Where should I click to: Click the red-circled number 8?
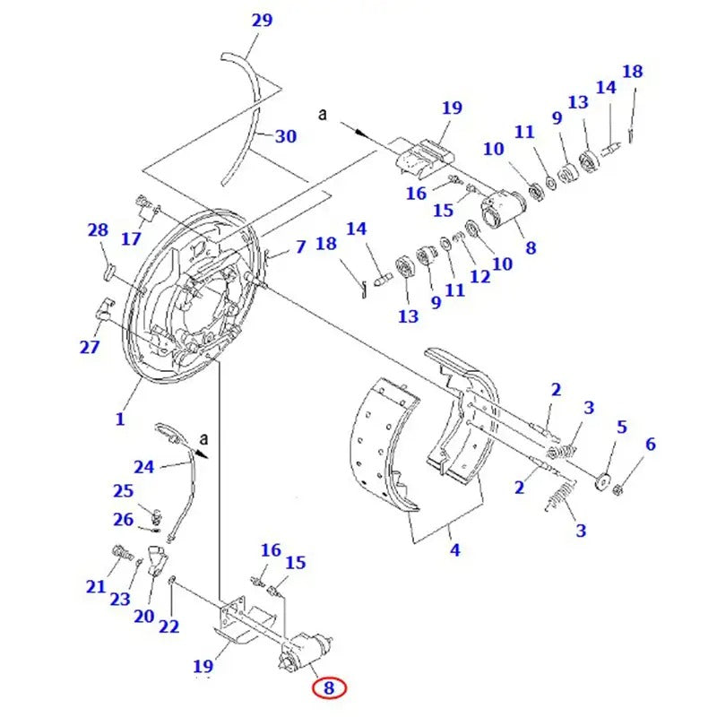coord(329,688)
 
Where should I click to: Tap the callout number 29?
coord(261,21)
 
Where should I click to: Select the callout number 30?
coord(285,137)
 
